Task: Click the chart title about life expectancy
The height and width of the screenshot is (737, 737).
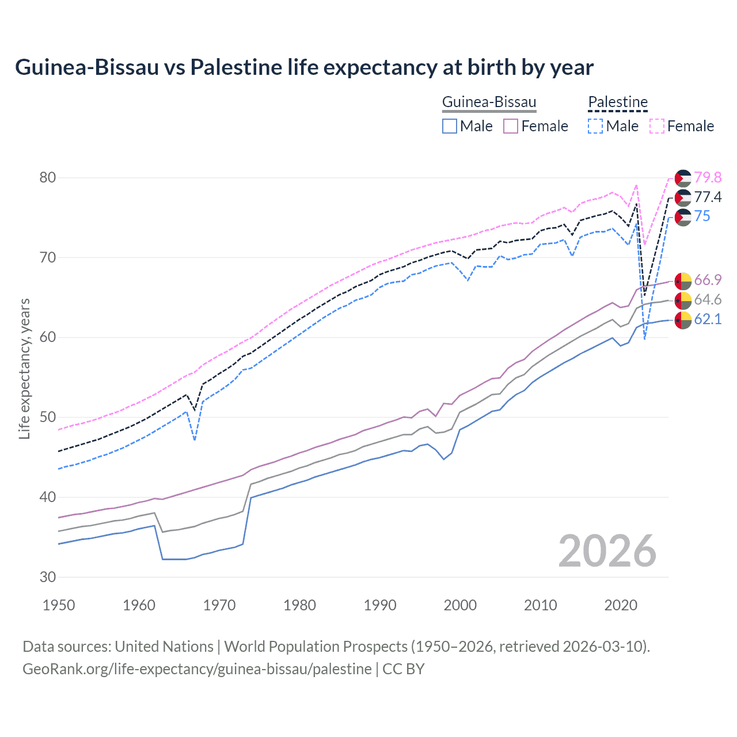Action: [304, 67]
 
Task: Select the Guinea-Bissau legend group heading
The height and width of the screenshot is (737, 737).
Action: [489, 102]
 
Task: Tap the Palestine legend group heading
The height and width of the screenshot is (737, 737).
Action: [618, 102]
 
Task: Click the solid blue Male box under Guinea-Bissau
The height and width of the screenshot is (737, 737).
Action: [450, 126]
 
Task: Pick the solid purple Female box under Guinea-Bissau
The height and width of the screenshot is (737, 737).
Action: [511, 126]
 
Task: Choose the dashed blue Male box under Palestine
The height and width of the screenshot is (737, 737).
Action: [595, 126]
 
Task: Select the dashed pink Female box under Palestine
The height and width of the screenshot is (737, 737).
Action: [657, 126]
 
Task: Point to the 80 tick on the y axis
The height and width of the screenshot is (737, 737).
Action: [48, 177]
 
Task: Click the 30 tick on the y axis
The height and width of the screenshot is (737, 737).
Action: [48, 577]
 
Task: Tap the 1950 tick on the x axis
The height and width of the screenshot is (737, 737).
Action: [59, 605]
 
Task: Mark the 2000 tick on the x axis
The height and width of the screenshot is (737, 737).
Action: [460, 605]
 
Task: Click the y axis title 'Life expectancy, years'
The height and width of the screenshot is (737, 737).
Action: [24, 368]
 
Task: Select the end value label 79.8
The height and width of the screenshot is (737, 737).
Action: [708, 177]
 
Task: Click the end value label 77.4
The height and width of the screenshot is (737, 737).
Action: [708, 197]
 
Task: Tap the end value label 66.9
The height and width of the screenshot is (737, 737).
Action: [708, 280]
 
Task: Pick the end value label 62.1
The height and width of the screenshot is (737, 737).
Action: [708, 319]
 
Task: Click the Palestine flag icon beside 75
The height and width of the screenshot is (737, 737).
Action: [683, 217]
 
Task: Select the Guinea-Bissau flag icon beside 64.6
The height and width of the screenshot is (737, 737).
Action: [683, 300]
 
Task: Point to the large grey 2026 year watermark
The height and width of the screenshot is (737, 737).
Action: [607, 551]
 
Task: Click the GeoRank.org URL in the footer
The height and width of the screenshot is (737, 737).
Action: [197, 669]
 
